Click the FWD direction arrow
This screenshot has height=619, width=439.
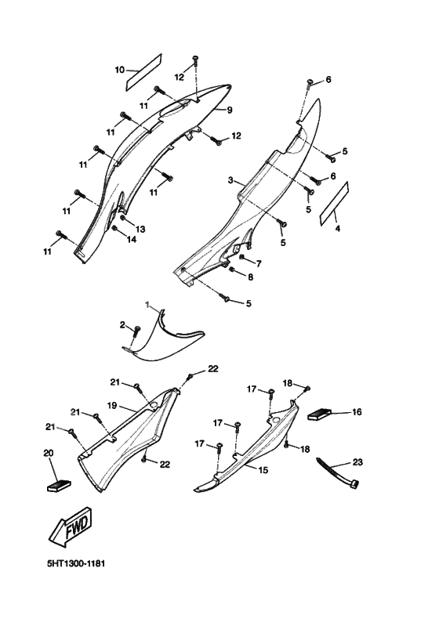[71, 527]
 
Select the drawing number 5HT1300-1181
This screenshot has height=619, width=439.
[76, 563]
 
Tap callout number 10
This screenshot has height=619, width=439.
[120, 70]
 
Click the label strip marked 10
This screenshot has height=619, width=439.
[143, 72]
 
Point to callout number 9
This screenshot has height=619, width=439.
[230, 110]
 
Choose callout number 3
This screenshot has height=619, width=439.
[230, 180]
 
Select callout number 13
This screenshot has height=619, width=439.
[140, 229]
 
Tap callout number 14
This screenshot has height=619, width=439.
[132, 239]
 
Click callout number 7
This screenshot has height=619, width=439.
[259, 263]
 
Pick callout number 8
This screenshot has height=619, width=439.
[251, 277]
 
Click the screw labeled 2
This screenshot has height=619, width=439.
[136, 331]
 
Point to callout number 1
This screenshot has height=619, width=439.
[147, 305]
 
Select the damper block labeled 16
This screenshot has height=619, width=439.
[319, 415]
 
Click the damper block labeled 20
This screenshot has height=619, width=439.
[59, 485]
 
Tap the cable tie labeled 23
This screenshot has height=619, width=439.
[338, 473]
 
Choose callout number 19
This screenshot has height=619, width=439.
[112, 405]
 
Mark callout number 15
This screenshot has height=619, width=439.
[263, 470]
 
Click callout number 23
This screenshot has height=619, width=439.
[357, 462]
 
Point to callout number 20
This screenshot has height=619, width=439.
[48, 453]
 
